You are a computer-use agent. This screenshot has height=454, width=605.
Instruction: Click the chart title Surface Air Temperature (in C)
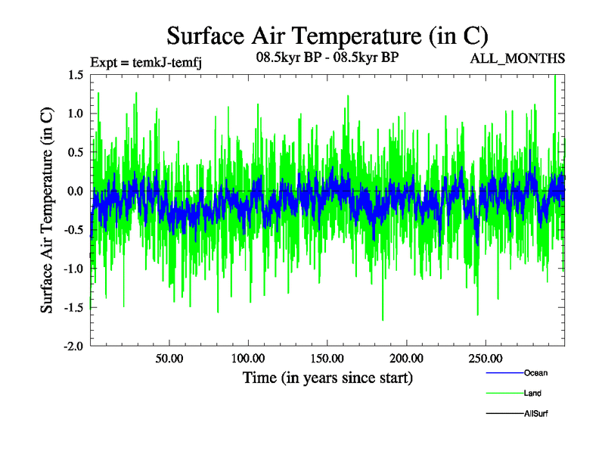point(327,36)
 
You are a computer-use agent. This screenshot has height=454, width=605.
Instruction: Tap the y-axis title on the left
point(47,211)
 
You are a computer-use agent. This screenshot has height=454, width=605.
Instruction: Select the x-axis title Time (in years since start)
point(327,377)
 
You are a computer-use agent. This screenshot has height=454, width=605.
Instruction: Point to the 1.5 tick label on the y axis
point(75,75)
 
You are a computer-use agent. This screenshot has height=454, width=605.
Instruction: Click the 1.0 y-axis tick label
point(75,113)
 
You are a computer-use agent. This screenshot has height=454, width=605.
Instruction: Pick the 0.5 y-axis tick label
point(75,152)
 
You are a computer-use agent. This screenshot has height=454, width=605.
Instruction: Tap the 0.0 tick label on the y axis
point(75,191)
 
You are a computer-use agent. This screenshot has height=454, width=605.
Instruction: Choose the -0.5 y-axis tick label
point(73,230)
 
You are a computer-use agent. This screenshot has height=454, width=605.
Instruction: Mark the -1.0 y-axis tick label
point(73,269)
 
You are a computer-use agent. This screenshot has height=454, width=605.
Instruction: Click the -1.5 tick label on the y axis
point(73,308)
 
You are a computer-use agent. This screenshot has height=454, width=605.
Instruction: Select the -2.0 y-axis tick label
point(73,347)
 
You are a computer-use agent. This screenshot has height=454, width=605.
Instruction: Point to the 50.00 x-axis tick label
point(169,357)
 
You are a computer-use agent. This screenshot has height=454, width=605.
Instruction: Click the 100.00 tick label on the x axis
point(248,357)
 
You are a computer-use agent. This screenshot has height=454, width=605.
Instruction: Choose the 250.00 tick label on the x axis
point(485,357)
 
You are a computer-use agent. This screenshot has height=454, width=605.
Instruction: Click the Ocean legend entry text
point(535,373)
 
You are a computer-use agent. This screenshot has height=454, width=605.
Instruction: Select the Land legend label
point(532,393)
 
